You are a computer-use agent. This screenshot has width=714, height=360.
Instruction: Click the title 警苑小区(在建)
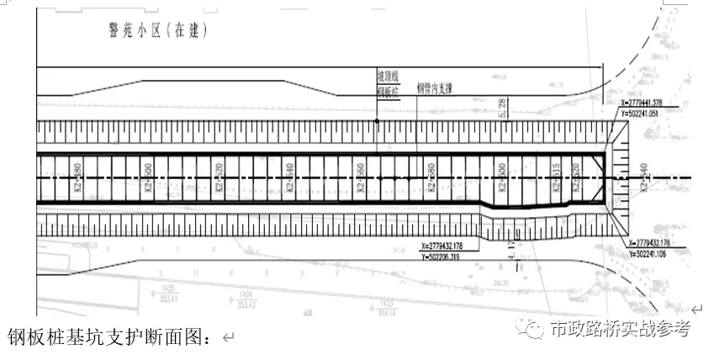tap(157, 31)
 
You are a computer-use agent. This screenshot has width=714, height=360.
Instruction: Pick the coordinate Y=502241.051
tap(658, 111)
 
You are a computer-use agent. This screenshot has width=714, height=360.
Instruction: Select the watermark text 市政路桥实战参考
tap(620, 329)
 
